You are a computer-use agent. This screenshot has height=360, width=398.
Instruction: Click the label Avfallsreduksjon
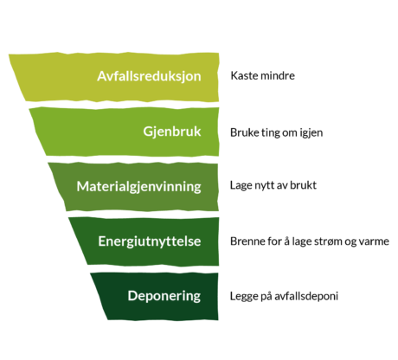[x=149, y=77]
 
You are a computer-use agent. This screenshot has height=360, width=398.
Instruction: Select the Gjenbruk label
[x=172, y=132]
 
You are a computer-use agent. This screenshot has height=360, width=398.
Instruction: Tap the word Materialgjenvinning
[x=138, y=187]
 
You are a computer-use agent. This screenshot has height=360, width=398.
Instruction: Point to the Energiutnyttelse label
[x=150, y=241]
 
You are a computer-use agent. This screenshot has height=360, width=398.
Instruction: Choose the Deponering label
[x=164, y=296]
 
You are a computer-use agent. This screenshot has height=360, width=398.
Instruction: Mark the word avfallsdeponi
[x=306, y=297]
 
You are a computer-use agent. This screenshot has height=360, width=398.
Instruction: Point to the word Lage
[x=241, y=186]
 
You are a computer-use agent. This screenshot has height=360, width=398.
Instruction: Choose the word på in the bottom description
[x=266, y=297]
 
